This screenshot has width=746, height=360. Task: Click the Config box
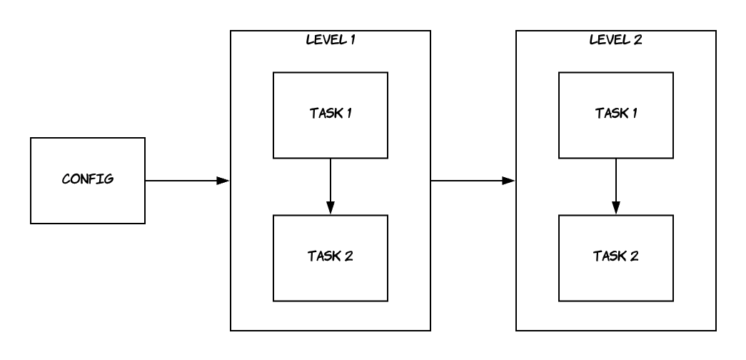[87, 181]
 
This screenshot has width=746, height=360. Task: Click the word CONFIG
[87, 178]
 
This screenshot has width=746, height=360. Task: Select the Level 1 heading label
[330, 39]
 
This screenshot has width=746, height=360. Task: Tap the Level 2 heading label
[615, 39]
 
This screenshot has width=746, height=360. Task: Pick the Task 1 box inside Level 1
[330, 114]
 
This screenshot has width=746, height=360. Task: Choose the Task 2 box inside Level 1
[330, 256]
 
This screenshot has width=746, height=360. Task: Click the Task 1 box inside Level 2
[615, 114]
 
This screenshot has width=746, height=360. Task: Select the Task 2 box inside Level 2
[615, 256]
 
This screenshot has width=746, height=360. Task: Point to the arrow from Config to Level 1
[186, 181]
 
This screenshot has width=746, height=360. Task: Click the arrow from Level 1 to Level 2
[472, 181]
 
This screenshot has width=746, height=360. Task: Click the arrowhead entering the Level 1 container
[223, 181]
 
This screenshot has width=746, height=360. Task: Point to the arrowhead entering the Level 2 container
[508, 181]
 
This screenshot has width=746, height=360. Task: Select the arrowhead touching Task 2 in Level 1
[330, 208]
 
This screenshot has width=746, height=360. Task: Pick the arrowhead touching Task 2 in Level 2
[615, 208]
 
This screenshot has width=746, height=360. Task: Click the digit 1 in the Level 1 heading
[353, 39]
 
